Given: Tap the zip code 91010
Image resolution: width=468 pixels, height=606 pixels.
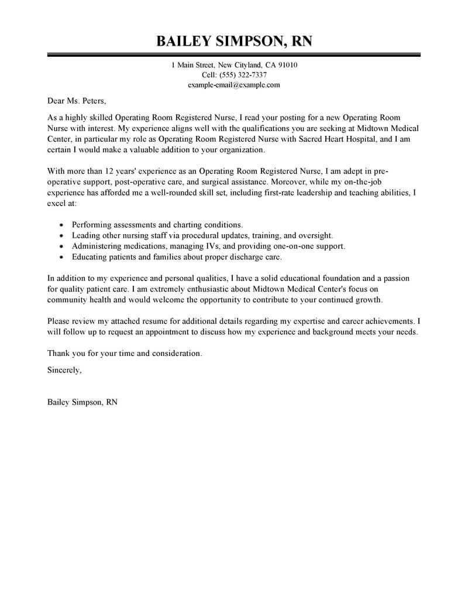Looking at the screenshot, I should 286,65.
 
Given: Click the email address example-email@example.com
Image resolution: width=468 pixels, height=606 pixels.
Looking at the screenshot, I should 234,85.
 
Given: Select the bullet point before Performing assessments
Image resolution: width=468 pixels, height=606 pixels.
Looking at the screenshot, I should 62,225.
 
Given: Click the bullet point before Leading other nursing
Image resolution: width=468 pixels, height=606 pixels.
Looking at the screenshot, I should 62,235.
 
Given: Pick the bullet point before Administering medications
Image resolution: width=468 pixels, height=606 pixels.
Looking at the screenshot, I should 62,246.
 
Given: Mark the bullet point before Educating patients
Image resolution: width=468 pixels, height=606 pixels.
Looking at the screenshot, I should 62,257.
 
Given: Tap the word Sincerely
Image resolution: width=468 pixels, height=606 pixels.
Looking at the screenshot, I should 64,370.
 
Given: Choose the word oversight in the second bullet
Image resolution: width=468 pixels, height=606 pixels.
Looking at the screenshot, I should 314,235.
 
